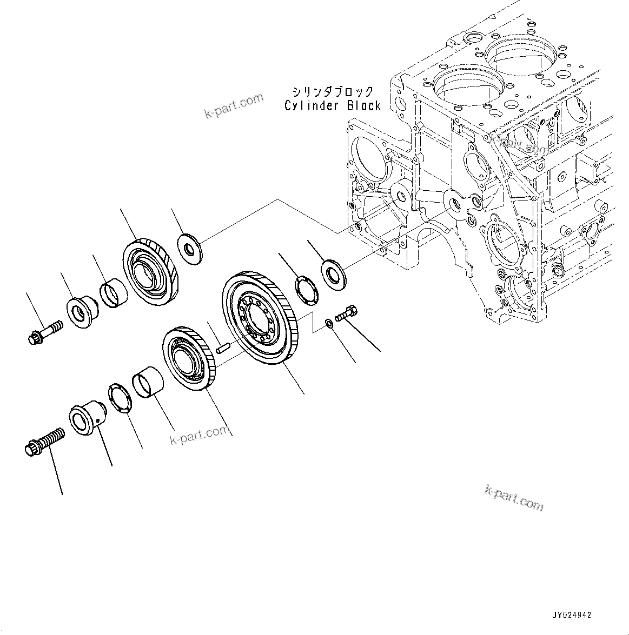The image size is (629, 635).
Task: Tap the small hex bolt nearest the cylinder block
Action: coord(346,313)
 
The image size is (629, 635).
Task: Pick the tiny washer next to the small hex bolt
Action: coord(329,324)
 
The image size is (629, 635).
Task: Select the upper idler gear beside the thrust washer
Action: coord(150,270)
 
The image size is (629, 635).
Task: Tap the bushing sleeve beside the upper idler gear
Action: coord(114,291)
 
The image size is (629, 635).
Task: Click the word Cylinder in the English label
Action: coord(310,106)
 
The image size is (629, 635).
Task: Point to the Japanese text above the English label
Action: coord(333,91)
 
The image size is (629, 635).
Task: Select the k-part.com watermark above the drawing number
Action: coord(514,497)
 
